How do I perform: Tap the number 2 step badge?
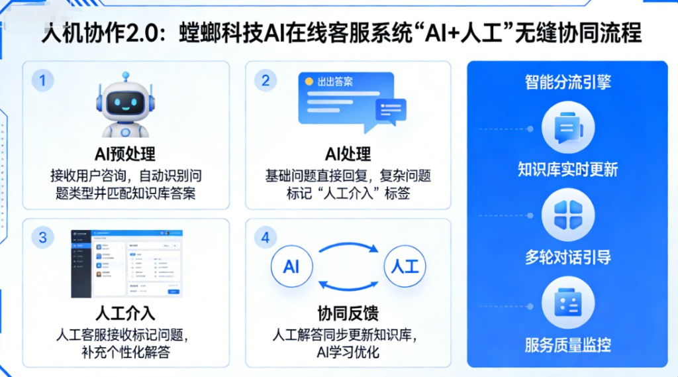[x=266, y=81]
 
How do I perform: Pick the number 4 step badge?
[x=266, y=237]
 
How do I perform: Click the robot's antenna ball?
[x=125, y=76]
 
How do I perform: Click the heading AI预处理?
[x=125, y=154]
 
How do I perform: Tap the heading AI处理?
[x=348, y=154]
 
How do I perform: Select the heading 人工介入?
[x=125, y=311]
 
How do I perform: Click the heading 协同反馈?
[x=348, y=311]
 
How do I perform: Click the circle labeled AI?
[x=291, y=266]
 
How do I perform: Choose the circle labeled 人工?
[x=405, y=266]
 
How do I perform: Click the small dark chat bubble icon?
[x=391, y=109]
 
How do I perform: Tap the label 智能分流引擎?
[x=567, y=81]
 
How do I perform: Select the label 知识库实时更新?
[x=567, y=170]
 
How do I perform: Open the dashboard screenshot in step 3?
[x=127, y=264]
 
